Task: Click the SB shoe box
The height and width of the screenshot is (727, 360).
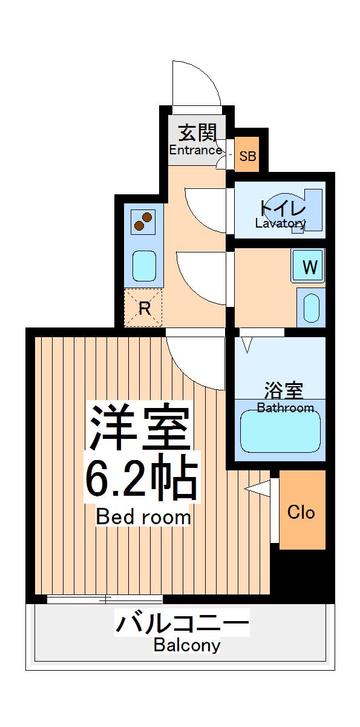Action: click(x=247, y=156)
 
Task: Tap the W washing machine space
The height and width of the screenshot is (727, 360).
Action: click(x=309, y=266)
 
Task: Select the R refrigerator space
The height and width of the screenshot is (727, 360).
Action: click(x=144, y=308)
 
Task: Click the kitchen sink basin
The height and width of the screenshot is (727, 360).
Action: click(x=145, y=265)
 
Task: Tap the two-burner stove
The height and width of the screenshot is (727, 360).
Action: click(x=143, y=221)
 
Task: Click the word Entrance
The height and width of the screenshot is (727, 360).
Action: click(x=195, y=150)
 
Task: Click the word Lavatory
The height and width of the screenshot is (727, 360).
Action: click(x=280, y=223)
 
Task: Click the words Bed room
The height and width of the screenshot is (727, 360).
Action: click(x=143, y=518)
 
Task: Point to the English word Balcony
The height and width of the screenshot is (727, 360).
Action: click(x=186, y=645)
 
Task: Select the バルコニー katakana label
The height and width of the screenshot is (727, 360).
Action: click(x=182, y=622)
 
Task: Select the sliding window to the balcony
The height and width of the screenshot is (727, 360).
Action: click(x=104, y=599)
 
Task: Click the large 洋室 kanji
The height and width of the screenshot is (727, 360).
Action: click(x=140, y=427)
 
